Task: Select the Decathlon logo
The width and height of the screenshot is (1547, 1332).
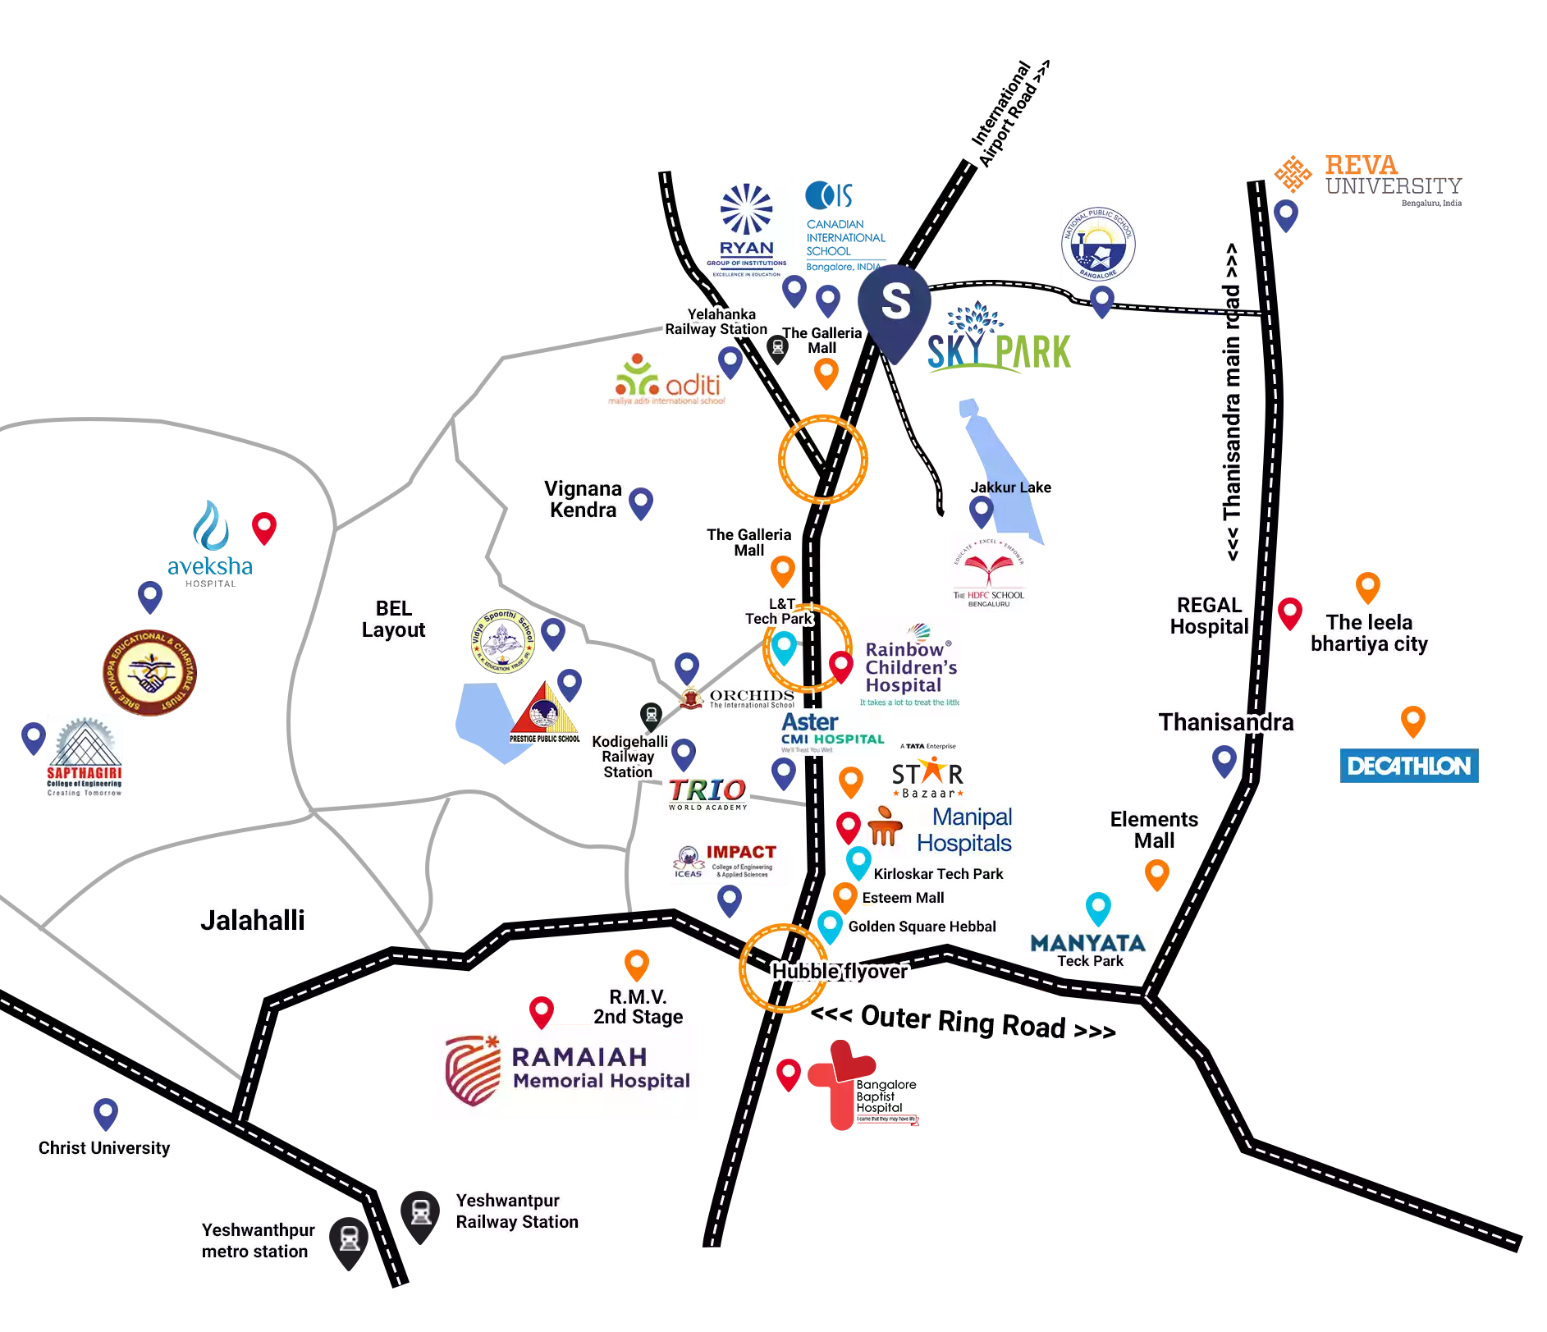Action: point(1408,767)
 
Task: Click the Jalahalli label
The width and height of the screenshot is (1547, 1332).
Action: point(252,920)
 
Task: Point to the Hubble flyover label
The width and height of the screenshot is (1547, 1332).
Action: point(839,972)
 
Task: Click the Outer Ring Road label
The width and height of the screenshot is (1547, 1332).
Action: point(963,1021)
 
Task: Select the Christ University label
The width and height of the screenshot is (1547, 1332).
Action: point(104,1147)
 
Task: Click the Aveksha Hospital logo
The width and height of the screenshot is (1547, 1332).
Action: point(210,545)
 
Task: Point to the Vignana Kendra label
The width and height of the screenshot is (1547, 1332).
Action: point(583,499)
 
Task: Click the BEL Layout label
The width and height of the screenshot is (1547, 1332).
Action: point(394,619)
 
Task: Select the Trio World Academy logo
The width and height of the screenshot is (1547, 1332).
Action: point(707,794)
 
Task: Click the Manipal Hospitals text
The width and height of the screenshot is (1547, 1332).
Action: point(964,830)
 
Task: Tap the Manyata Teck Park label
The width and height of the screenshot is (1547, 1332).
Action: point(1087,950)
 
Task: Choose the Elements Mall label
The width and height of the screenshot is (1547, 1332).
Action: point(1154,830)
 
